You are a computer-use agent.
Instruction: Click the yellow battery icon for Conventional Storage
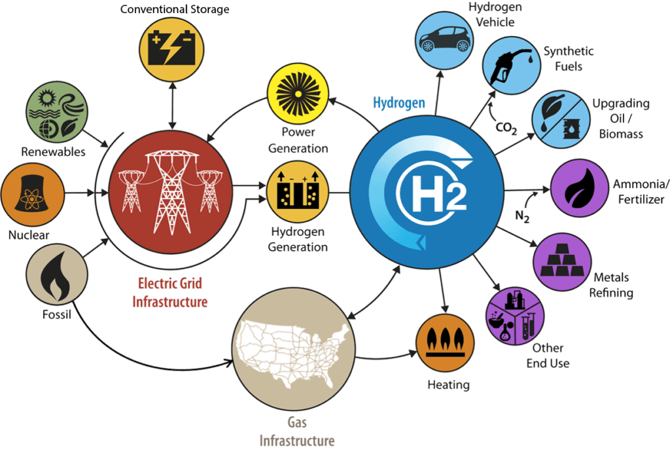click(x=172, y=48)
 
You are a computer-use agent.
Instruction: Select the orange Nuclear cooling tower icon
click(x=32, y=193)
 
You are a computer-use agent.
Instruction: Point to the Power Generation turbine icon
click(x=298, y=94)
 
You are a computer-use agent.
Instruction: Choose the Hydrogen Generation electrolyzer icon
click(x=298, y=191)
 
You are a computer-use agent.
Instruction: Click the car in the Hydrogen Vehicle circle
click(x=444, y=39)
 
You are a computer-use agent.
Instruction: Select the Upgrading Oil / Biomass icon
click(x=561, y=119)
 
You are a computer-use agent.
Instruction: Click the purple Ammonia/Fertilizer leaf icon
click(x=580, y=188)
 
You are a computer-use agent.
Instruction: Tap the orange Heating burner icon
click(x=445, y=343)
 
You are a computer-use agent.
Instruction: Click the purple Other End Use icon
click(x=516, y=316)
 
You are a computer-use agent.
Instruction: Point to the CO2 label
click(x=506, y=128)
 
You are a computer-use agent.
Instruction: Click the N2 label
click(x=522, y=216)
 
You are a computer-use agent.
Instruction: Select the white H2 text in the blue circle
click(x=438, y=193)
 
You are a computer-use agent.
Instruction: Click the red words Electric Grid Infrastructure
click(x=170, y=293)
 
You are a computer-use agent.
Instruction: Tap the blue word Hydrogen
click(x=399, y=103)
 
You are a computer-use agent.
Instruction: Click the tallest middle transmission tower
click(x=171, y=192)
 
